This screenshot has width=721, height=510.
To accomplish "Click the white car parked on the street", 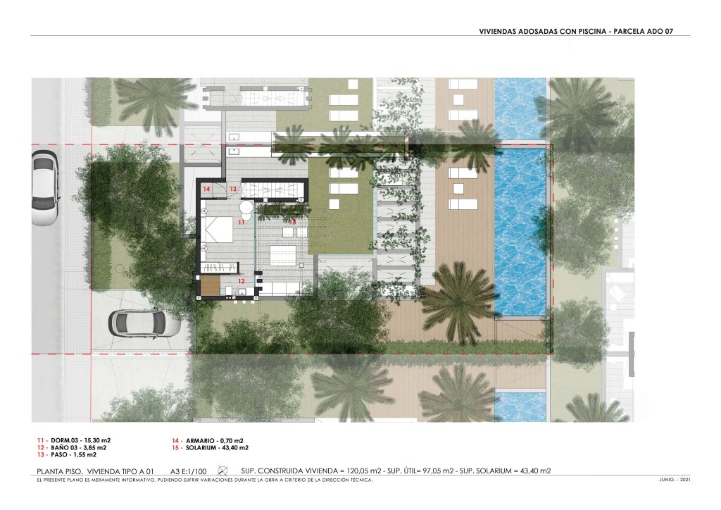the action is [x=44, y=188].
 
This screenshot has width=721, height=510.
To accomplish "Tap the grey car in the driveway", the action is [x=144, y=323].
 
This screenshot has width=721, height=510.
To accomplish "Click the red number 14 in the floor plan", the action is [x=206, y=189].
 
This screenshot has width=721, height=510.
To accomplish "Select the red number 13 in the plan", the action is [x=233, y=189].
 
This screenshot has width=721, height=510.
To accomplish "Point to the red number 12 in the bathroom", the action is [x=242, y=280].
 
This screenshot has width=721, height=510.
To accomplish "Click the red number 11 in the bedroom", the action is [x=242, y=222].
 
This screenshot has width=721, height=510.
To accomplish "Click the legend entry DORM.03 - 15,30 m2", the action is [x=74, y=440].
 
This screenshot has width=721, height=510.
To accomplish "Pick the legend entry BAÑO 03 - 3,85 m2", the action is [x=72, y=447].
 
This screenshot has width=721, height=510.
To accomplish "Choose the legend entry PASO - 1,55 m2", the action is [x=67, y=455].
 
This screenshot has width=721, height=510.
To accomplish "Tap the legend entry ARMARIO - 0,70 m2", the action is [x=208, y=440].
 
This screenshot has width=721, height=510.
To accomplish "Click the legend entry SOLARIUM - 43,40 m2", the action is [x=210, y=447].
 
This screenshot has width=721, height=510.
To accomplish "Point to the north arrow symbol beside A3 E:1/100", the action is [x=222, y=471].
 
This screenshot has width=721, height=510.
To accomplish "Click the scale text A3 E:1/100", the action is [x=189, y=471].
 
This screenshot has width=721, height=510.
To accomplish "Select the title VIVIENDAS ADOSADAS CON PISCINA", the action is [x=543, y=32].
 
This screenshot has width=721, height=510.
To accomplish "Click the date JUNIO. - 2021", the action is [x=675, y=480].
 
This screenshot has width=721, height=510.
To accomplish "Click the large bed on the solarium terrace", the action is [x=283, y=255].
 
